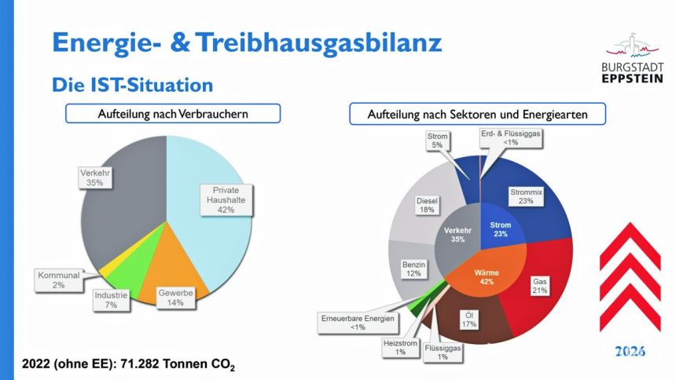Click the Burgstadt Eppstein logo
click(632, 57)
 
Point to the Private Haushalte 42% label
click(226, 200)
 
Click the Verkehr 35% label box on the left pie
click(95, 177)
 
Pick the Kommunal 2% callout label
click(59, 280)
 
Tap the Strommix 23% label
click(526, 196)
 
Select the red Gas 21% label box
click(540, 286)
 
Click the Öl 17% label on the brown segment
click(469, 320)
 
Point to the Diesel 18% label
click(427, 205)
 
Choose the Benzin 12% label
click(414, 269)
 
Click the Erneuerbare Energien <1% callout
click(358, 323)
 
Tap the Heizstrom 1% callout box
click(401, 347)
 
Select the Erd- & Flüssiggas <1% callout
click(510, 138)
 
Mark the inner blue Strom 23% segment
click(501, 226)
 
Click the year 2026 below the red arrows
click(630, 351)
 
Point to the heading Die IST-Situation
click(132, 85)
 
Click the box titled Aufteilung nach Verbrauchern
click(173, 114)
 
